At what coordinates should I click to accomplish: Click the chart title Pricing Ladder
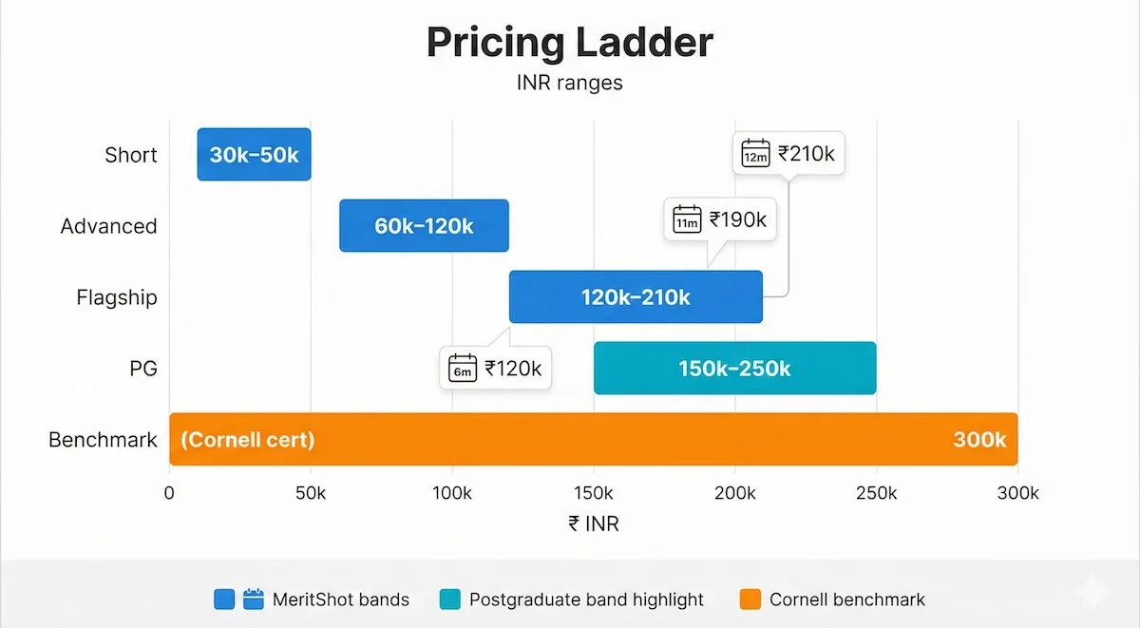569,43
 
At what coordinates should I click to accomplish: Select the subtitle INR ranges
569,83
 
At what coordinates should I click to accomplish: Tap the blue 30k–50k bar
254,155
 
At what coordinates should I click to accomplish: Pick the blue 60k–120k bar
424,226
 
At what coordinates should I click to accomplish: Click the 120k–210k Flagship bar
636,297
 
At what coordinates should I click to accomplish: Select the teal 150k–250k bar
734,369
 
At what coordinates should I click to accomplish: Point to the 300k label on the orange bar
978,440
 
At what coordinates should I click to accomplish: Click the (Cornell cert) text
247,440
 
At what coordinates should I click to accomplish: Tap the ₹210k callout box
788,153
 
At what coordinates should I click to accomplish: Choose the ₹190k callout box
720,220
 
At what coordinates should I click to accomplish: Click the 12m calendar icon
755,154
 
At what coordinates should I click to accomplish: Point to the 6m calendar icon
463,369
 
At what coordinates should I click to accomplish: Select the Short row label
131,155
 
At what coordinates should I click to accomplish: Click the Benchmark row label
103,440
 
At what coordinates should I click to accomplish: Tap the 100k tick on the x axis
452,493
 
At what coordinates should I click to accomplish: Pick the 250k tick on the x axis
876,493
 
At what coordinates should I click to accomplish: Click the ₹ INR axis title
593,523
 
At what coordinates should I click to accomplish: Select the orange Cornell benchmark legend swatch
750,599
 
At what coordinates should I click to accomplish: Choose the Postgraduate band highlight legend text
587,599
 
